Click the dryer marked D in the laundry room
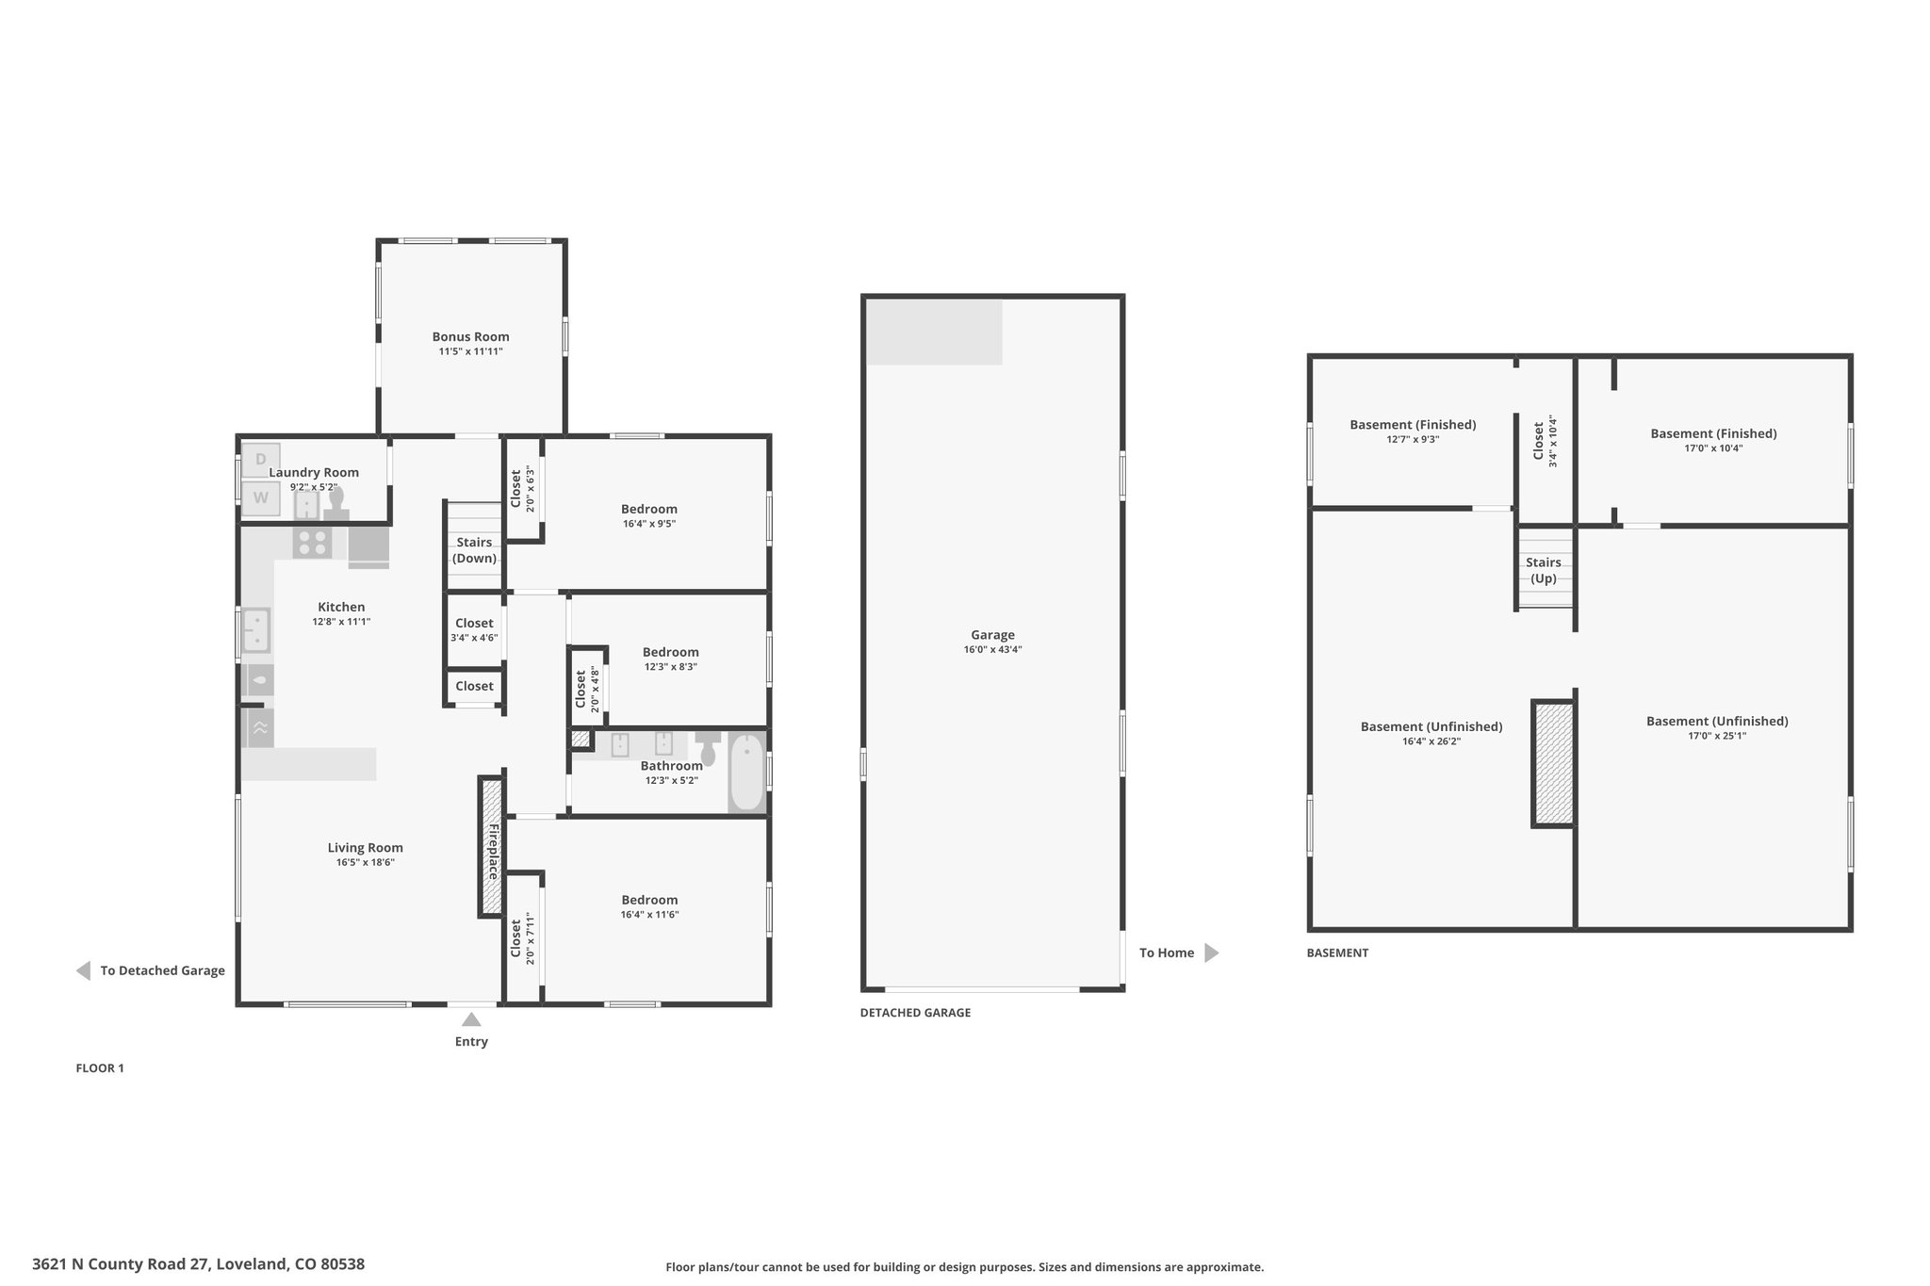(x=261, y=460)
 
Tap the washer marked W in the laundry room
(x=261, y=498)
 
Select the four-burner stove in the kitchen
(x=313, y=542)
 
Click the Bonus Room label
(x=470, y=336)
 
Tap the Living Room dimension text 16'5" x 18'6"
(x=366, y=862)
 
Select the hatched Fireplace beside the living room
(x=491, y=845)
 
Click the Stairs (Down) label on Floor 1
(x=474, y=550)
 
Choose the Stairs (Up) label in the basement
(x=1544, y=570)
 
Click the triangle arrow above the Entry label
(x=471, y=1019)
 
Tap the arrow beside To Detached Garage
(x=83, y=970)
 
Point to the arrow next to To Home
(x=1212, y=952)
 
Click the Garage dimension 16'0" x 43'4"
(x=992, y=649)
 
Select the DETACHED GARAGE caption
(x=915, y=1013)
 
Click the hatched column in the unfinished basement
(x=1553, y=764)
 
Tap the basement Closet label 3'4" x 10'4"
(x=1545, y=441)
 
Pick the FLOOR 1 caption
(x=100, y=1068)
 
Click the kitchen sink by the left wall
(x=256, y=630)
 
